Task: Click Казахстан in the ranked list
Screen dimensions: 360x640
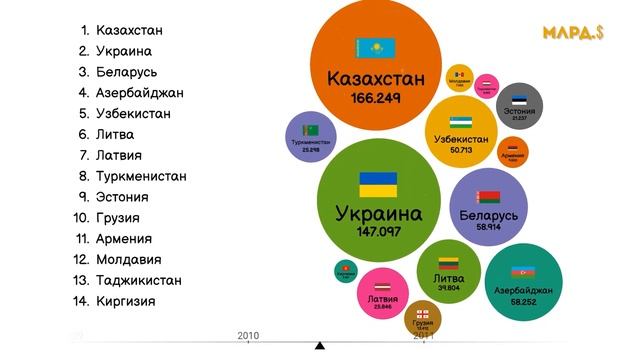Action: pyautogui.click(x=129, y=30)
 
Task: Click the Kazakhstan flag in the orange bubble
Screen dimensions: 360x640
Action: pyautogui.click(x=376, y=48)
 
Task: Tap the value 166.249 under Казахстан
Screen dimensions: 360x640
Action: pyautogui.click(x=375, y=98)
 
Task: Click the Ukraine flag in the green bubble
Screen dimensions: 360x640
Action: pyautogui.click(x=378, y=184)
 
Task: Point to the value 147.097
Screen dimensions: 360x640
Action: pyautogui.click(x=378, y=231)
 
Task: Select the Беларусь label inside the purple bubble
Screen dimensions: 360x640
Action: pyautogui.click(x=488, y=215)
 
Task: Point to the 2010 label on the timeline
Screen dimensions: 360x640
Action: pyautogui.click(x=248, y=335)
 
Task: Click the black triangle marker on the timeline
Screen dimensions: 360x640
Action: pyautogui.click(x=320, y=346)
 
